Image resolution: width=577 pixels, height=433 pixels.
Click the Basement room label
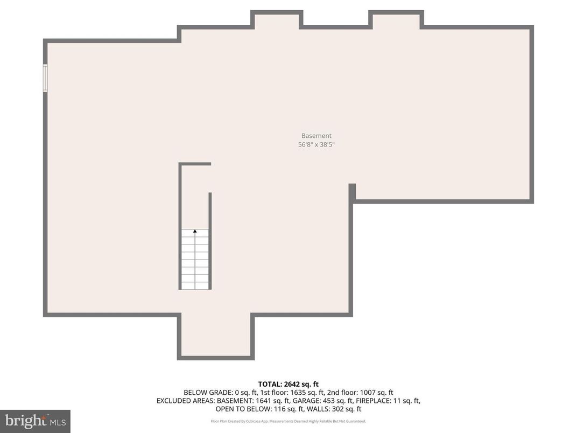(x=316, y=136)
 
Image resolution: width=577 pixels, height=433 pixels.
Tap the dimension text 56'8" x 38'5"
(x=316, y=144)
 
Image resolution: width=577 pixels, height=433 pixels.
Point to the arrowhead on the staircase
(x=195, y=231)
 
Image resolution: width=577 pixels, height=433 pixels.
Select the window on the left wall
(x=45, y=78)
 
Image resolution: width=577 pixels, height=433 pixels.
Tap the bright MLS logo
(x=35, y=421)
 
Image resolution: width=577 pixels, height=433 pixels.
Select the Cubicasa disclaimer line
(x=288, y=421)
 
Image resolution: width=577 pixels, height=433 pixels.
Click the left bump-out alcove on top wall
(x=277, y=22)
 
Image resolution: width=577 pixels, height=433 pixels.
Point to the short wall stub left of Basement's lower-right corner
(x=352, y=193)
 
